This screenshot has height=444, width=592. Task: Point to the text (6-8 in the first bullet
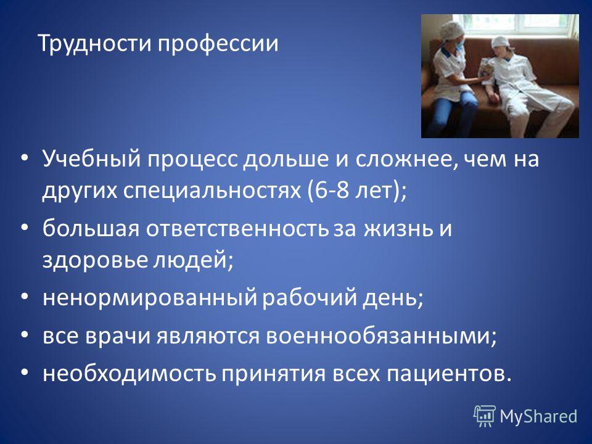pos(329,191)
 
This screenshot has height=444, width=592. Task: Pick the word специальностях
pos(212,191)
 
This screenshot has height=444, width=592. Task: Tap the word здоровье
pos(94,260)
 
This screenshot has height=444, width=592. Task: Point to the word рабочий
pos(310,297)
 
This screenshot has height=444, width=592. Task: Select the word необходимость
pos(129,373)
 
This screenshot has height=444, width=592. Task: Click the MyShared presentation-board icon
pos(485,416)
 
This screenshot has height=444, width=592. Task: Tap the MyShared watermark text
pos(539,416)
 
